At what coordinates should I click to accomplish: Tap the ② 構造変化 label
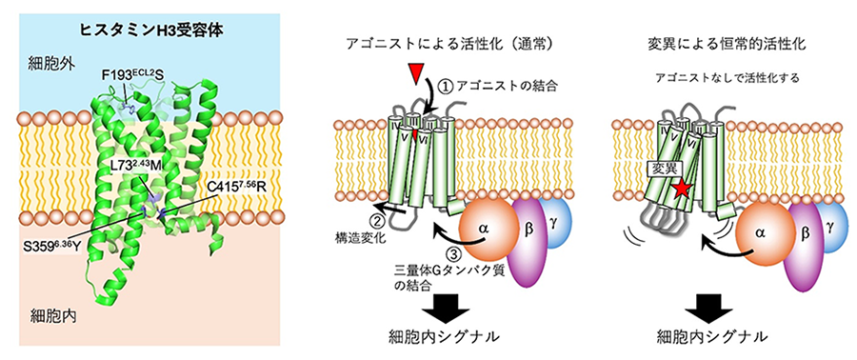tap(365, 226)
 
